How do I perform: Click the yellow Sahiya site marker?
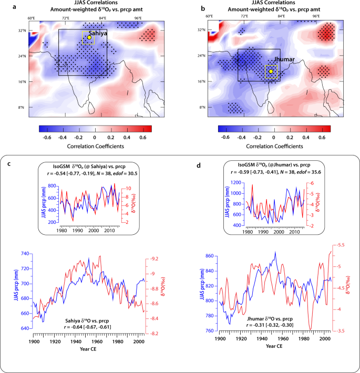[x=89, y=37]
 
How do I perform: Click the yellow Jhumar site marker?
[x=271, y=71]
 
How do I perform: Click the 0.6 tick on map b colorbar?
[x=321, y=136]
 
